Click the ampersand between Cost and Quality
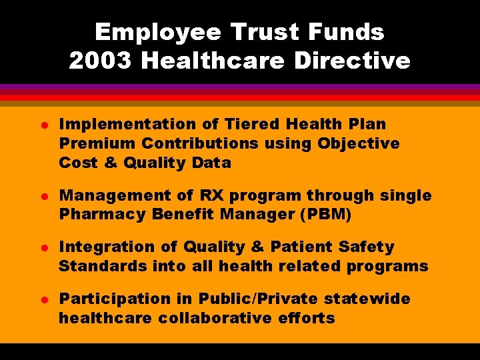point(109,163)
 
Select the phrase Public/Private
point(244,299)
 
